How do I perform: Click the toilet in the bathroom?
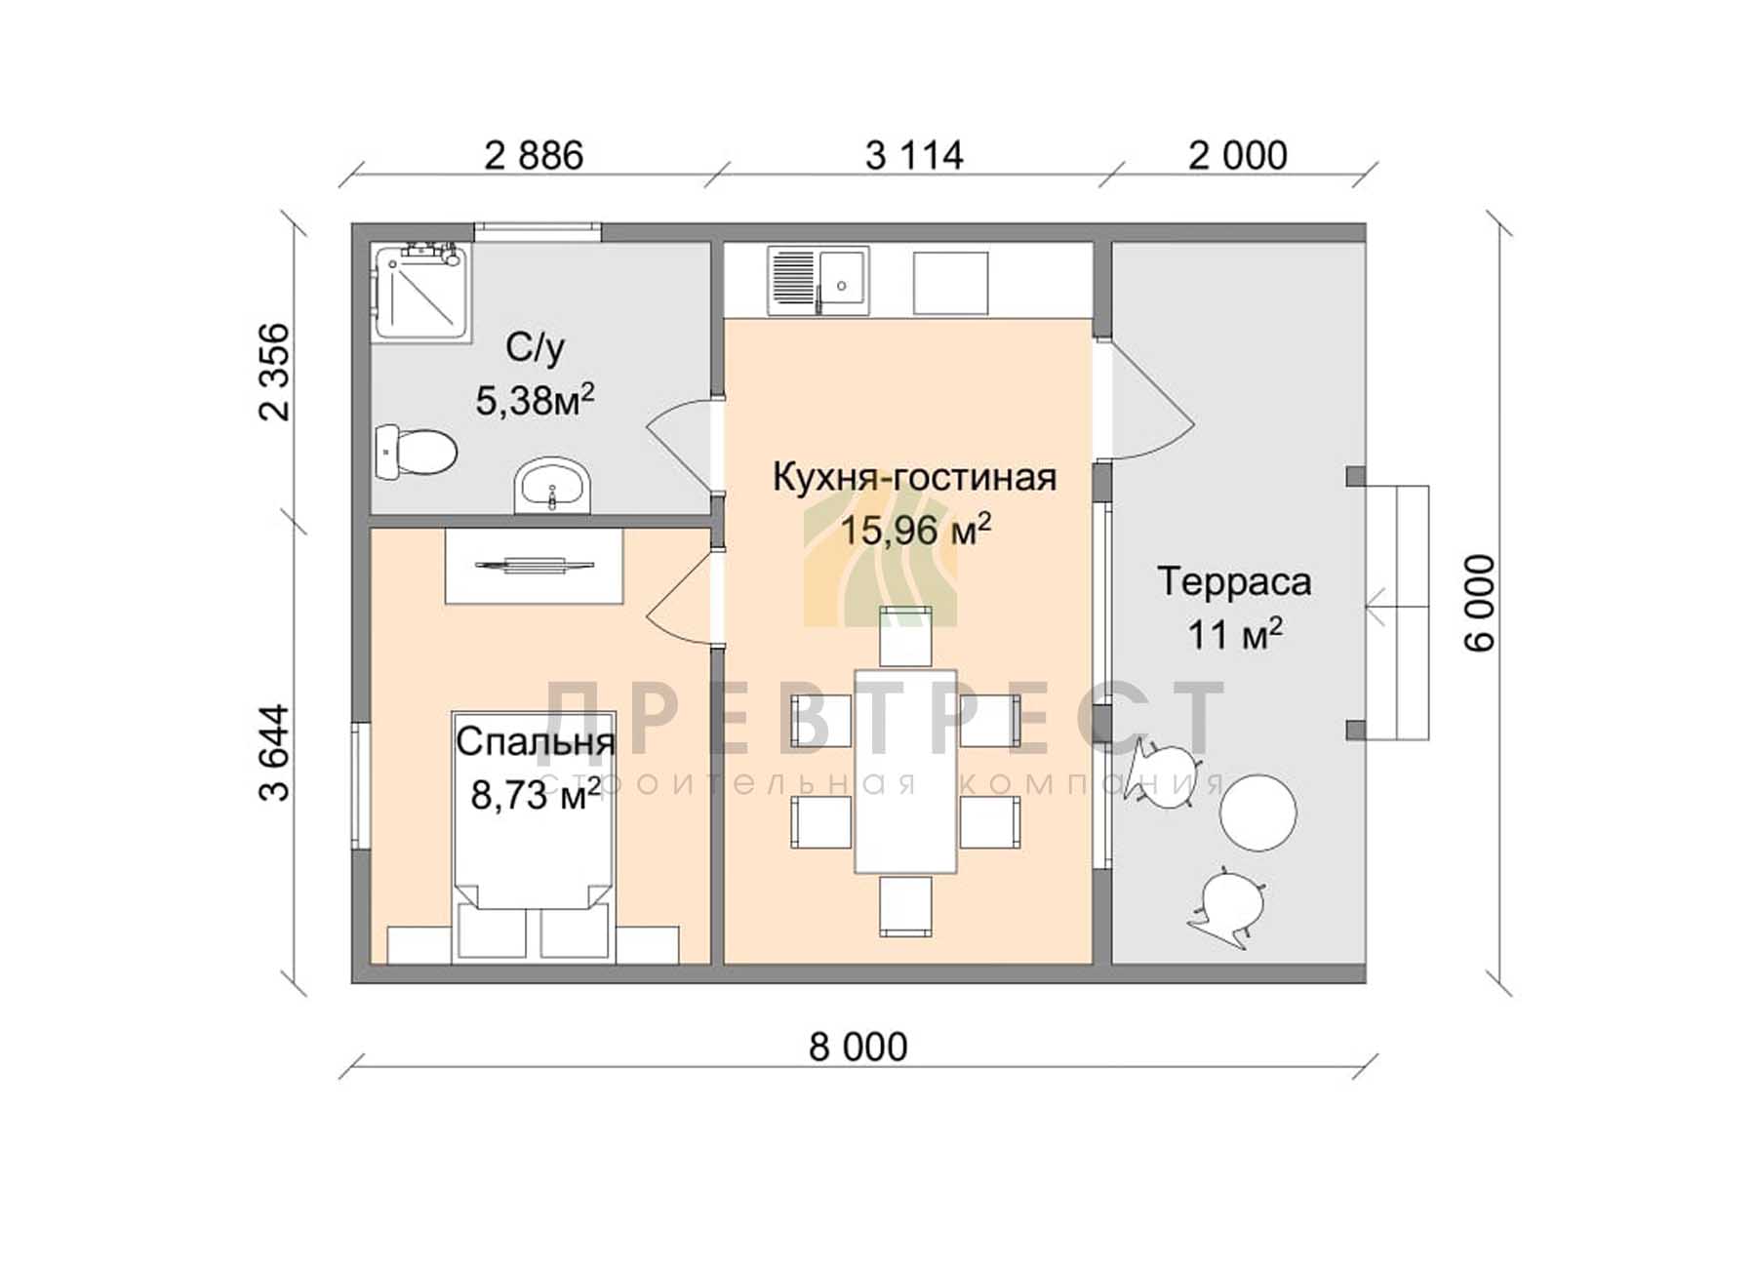click(417, 453)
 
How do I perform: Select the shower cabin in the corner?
click(420, 291)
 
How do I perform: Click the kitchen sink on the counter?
click(818, 281)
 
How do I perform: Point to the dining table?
click(905, 771)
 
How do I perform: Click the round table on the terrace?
click(1258, 812)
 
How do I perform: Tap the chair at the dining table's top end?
click(905, 637)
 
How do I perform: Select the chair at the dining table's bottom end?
click(905, 906)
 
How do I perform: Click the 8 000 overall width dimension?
click(858, 1047)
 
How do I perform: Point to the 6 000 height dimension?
click(1479, 603)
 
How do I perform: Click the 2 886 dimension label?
click(534, 155)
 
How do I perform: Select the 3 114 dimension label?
click(914, 155)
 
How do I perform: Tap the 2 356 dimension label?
click(275, 372)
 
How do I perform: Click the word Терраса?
click(1234, 581)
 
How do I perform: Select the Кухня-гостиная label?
click(914, 477)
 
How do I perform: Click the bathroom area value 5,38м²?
click(535, 400)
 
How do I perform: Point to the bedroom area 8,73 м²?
click(536, 795)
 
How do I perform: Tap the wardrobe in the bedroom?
click(534, 566)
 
